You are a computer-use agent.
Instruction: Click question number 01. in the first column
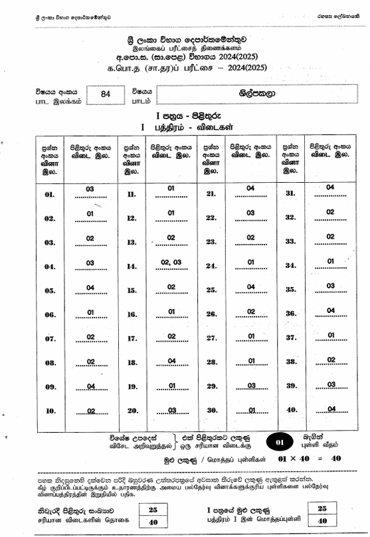50,195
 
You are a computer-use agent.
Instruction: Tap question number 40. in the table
290,409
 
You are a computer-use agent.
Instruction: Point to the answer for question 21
250,189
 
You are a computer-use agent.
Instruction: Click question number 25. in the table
211,290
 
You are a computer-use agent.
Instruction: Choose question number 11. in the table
131,195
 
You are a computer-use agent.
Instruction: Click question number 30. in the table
211,410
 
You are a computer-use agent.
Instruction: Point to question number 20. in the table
131,411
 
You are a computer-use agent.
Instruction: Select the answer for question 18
171,362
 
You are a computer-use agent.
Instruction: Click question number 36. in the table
290,314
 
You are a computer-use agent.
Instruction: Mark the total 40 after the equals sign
335,459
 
